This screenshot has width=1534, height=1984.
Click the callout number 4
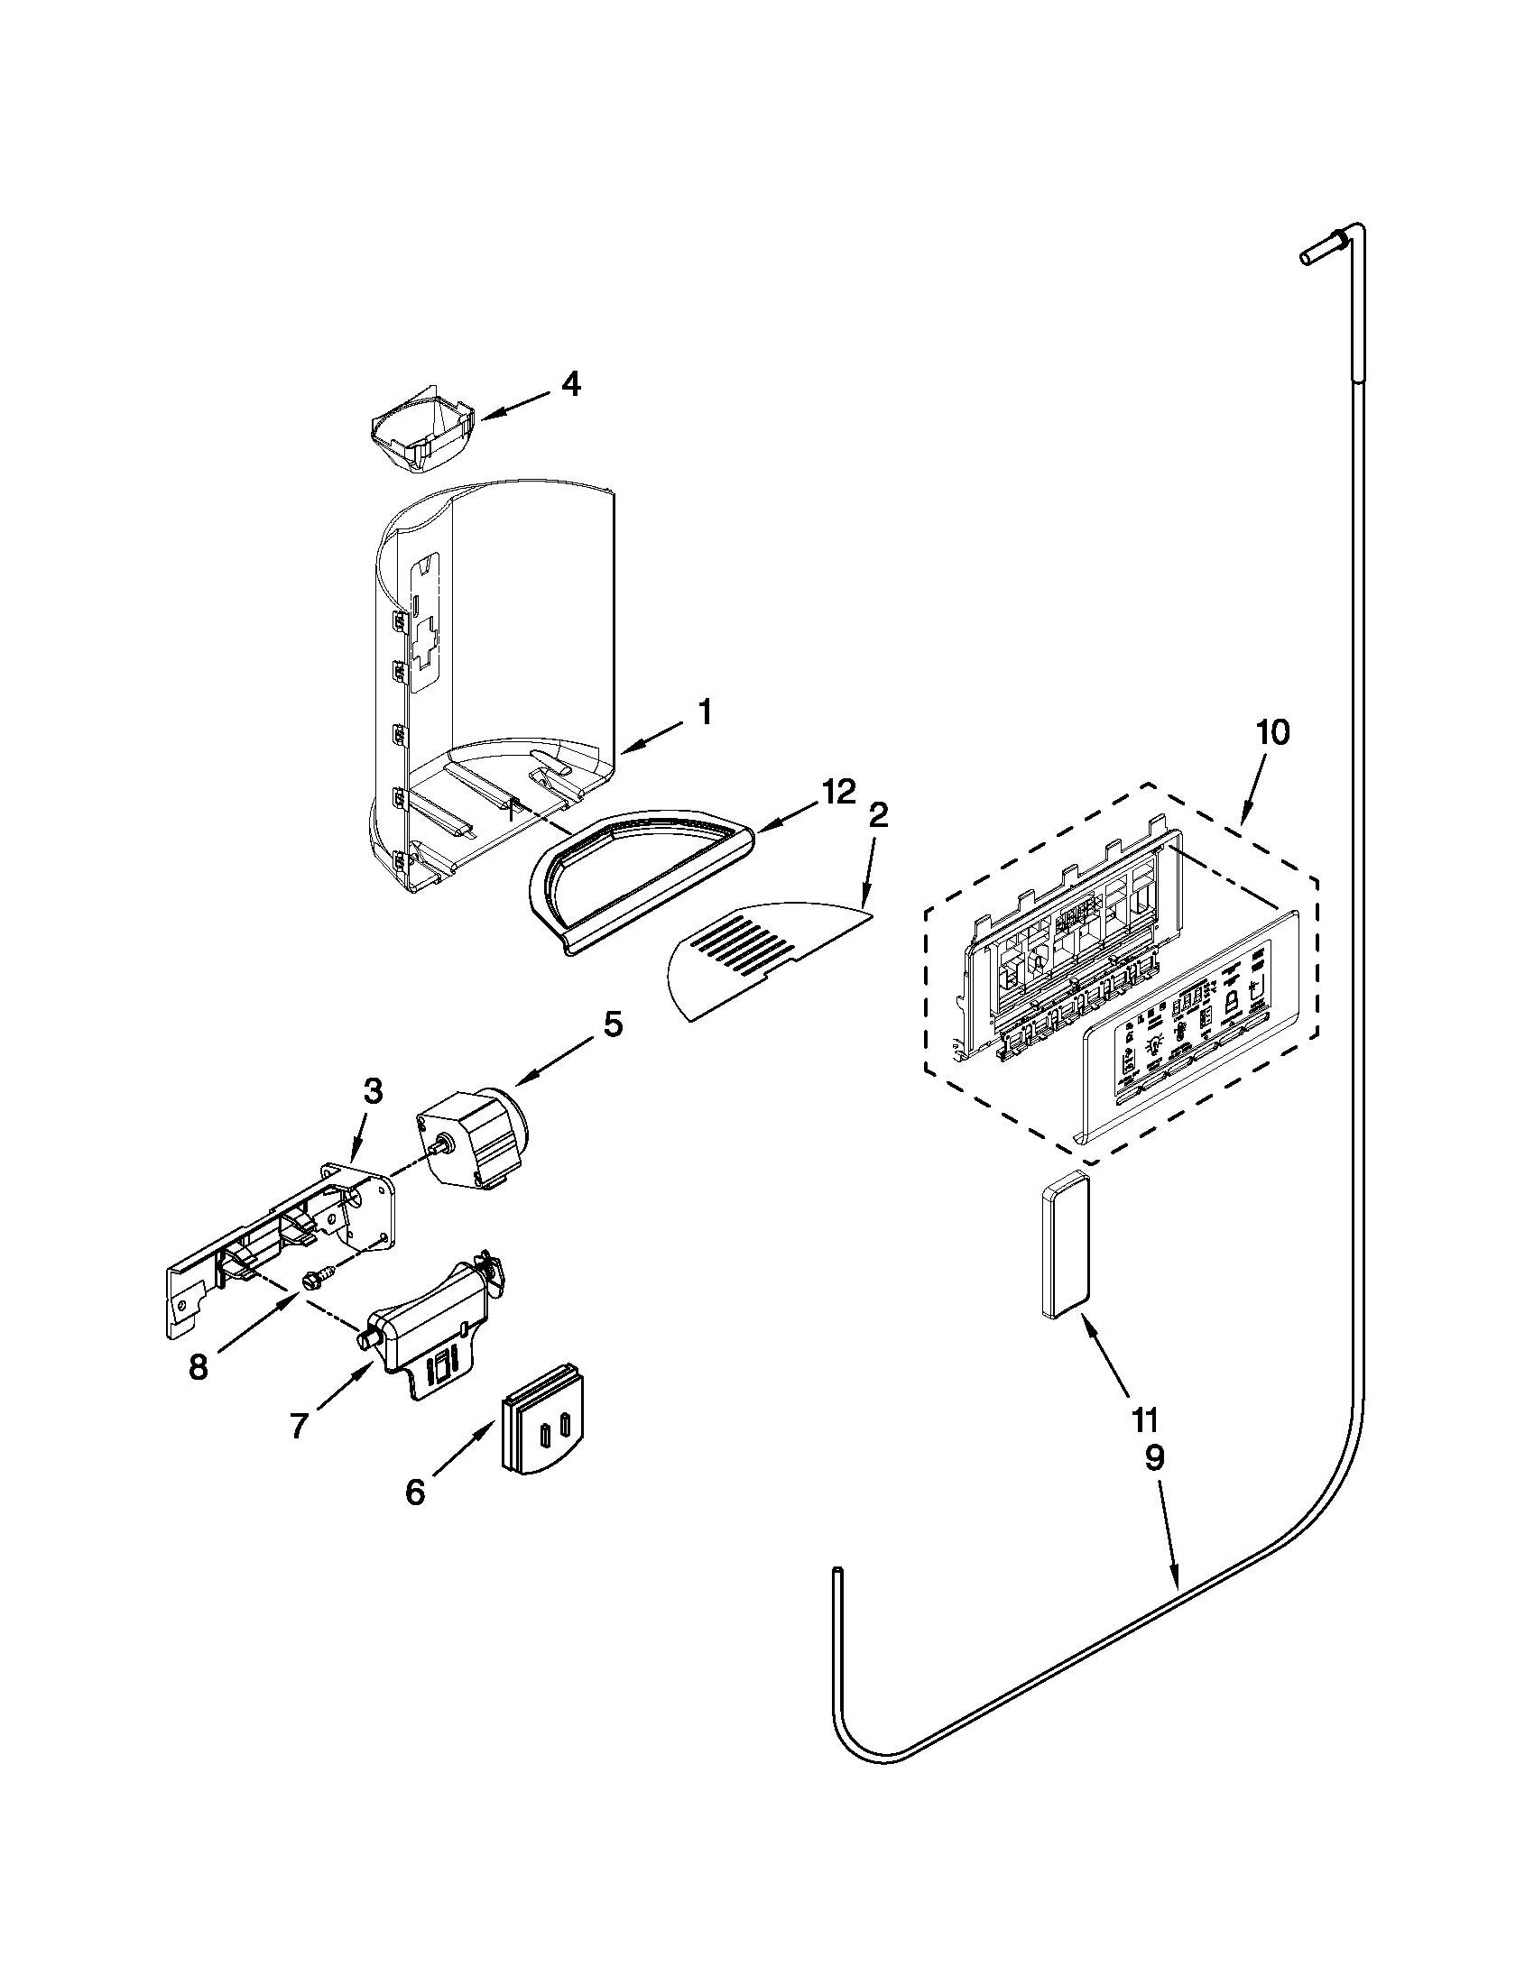tap(568, 385)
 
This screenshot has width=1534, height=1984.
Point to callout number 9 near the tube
tap(1152, 1460)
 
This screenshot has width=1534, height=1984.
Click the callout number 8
tap(199, 1366)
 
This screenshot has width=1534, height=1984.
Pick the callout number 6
tap(414, 1492)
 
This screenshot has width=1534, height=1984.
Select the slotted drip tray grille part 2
tap(763, 959)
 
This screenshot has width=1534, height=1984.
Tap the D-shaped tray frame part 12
tap(636, 877)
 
